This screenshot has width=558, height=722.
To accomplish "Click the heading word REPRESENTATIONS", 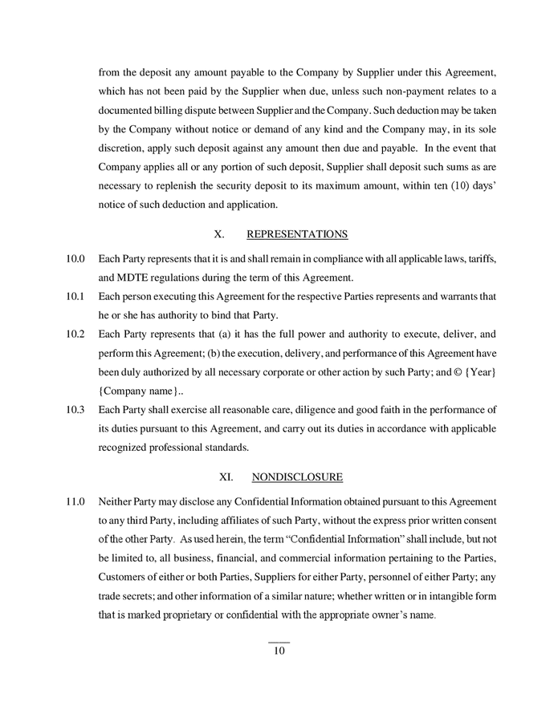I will pos(296,234).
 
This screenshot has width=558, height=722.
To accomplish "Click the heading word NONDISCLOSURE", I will pos(296,477).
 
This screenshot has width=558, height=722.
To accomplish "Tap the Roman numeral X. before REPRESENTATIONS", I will pos(219,234).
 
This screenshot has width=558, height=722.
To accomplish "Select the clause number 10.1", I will pos(75,297).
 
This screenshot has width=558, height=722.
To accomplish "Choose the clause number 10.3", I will pos(75,410).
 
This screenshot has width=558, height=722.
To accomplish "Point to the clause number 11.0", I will pos(75,501).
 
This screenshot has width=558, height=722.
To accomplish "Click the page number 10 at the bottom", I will pos(279,651).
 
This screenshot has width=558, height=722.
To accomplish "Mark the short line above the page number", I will pos(279,641).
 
